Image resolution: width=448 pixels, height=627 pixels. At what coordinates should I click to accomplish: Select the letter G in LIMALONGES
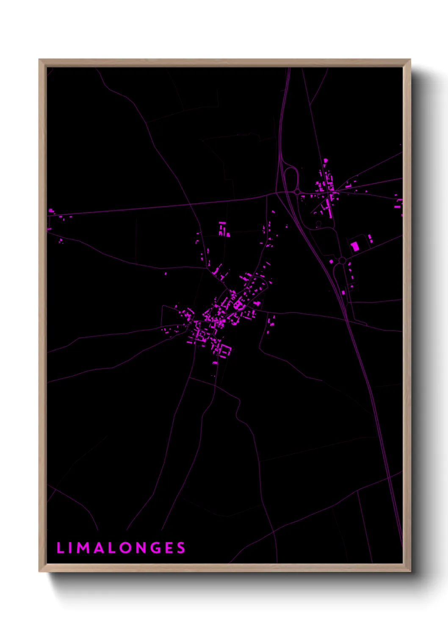[155, 548]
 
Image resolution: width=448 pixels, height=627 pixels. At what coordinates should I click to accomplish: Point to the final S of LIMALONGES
[181, 548]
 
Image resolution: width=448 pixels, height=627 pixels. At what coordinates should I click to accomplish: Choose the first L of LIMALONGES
[60, 548]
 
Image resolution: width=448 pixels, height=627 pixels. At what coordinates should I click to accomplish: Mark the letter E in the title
[169, 548]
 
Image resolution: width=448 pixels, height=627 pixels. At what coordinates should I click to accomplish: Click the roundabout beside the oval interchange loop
[298, 192]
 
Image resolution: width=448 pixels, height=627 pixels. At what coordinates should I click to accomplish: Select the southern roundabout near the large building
[342, 260]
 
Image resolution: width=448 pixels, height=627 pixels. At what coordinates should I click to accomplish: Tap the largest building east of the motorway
[355, 246]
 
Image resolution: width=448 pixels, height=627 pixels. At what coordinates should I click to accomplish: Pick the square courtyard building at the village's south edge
[224, 350]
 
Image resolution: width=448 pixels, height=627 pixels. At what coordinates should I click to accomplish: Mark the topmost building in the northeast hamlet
[326, 161]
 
